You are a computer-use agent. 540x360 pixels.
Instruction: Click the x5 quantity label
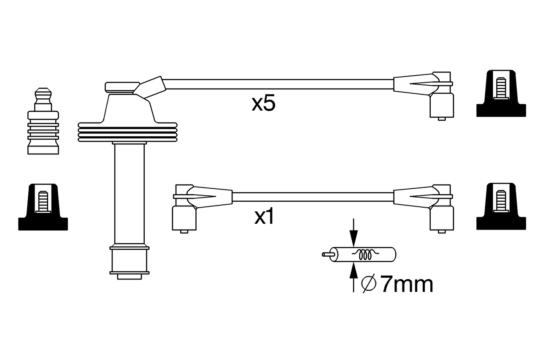(263, 104)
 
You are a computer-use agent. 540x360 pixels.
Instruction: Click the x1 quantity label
(264, 217)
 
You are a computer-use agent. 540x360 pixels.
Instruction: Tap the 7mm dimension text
(406, 285)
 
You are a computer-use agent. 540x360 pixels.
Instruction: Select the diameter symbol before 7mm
(369, 284)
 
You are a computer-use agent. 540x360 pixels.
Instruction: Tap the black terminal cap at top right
(501, 93)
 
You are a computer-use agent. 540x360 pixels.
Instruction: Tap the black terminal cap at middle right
(501, 207)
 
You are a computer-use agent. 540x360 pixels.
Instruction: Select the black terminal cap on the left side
(43, 207)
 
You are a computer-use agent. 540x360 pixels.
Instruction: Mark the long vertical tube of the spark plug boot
(129, 194)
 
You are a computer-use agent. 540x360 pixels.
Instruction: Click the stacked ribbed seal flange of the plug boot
(127, 133)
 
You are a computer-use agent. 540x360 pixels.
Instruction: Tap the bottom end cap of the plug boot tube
(129, 262)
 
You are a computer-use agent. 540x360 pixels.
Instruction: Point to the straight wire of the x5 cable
(278, 84)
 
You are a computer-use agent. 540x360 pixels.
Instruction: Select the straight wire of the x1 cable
(312, 197)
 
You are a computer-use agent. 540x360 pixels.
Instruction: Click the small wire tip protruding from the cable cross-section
(326, 254)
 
